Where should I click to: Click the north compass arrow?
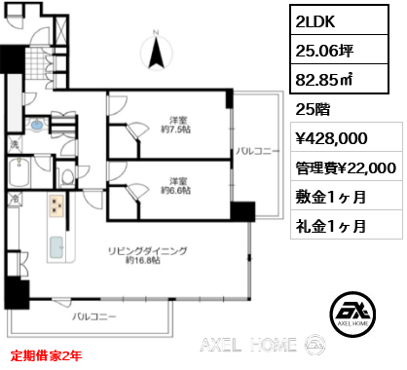click(156, 53)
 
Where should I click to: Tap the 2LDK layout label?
click(314, 21)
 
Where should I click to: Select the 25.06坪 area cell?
click(339, 50)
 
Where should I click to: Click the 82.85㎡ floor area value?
click(324, 79)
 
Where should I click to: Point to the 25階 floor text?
click(313, 109)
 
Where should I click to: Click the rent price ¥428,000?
click(331, 138)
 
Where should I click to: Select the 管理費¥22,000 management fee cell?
click(347, 166)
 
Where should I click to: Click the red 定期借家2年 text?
click(46, 355)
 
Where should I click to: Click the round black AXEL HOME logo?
click(352, 314)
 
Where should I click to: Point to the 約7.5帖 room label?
click(176, 129)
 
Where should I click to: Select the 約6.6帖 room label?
click(176, 191)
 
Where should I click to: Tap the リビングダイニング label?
click(148, 251)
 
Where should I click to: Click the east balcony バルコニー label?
click(257, 152)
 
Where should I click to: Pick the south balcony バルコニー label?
click(94, 316)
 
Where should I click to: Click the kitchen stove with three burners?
click(57, 205)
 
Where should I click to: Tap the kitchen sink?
click(56, 247)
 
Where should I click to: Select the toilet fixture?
click(67, 177)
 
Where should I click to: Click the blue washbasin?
click(36, 125)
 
